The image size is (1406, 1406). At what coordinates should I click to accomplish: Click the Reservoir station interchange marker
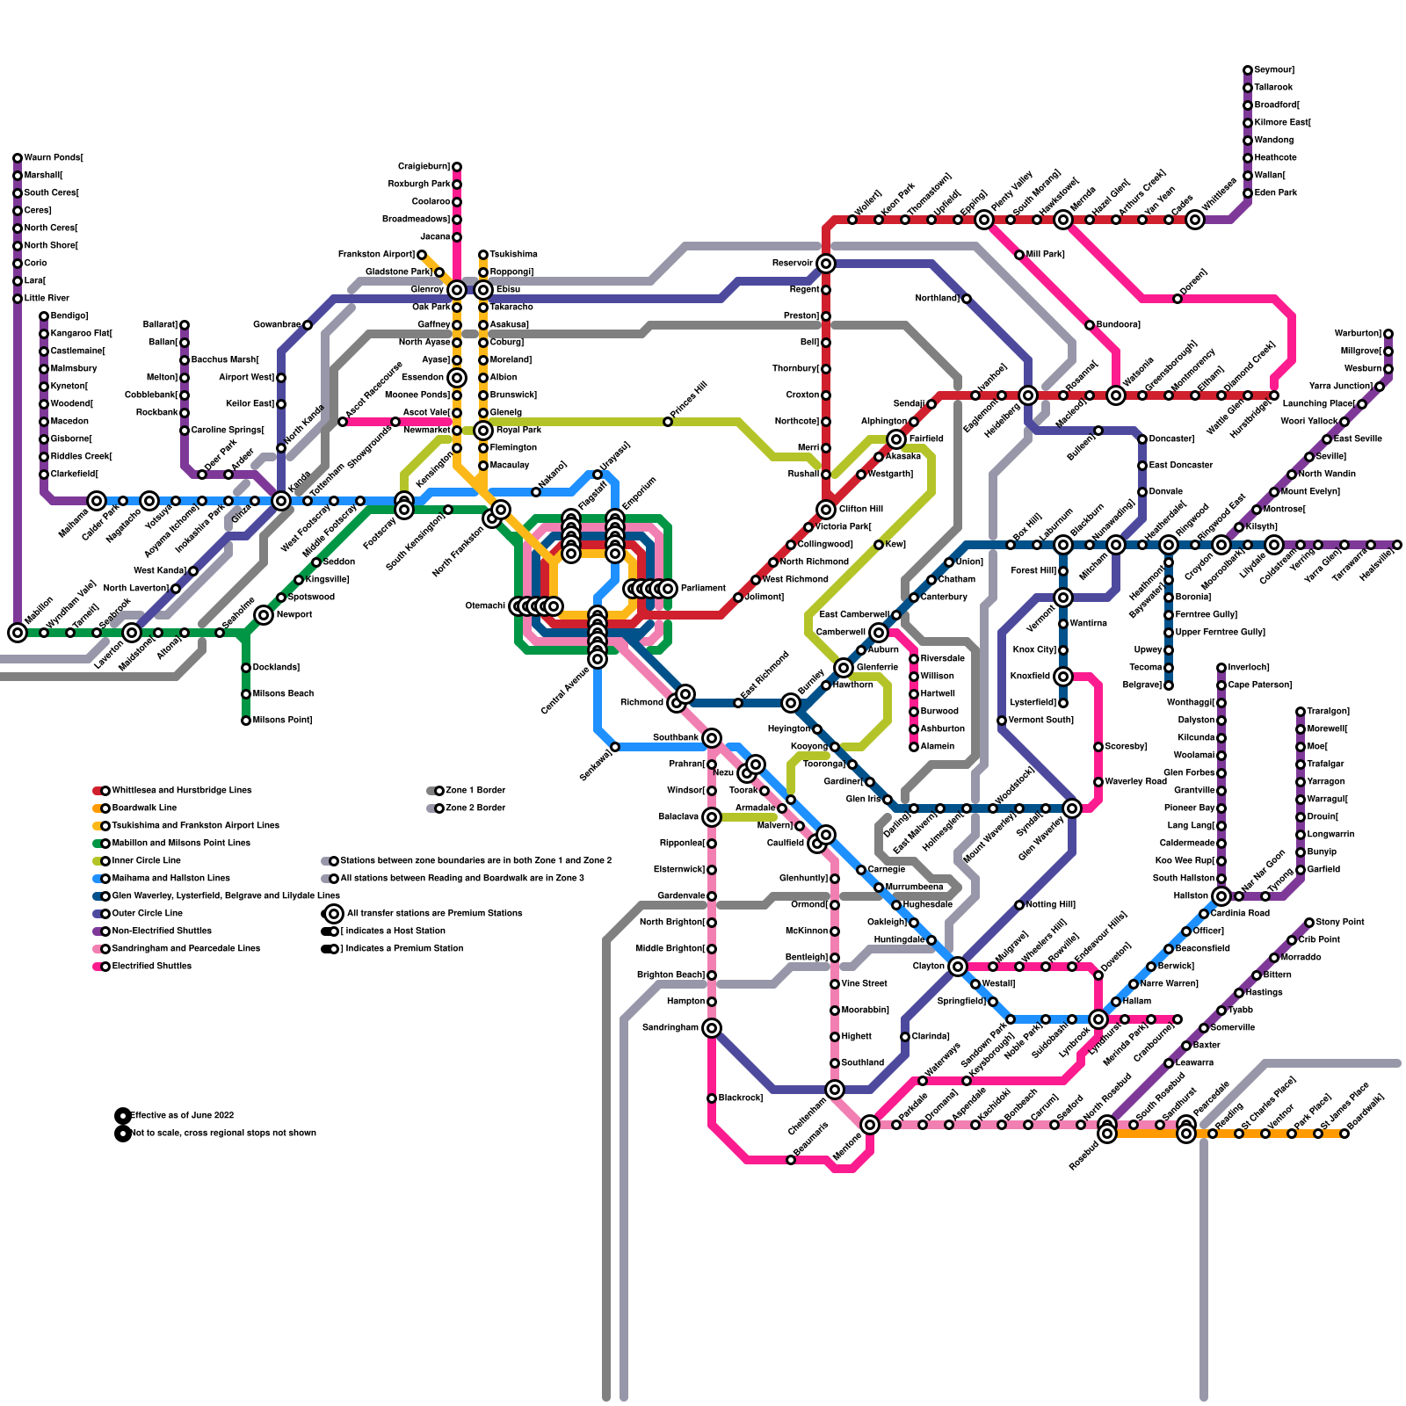(826, 264)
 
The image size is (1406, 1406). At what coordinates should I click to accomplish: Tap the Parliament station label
(703, 588)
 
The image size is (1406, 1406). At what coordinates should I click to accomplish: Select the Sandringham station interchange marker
(712, 1028)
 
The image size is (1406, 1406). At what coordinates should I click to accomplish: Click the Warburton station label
(1358, 334)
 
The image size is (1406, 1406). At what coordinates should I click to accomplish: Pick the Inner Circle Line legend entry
(146, 861)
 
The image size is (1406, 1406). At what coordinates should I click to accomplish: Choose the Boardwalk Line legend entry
(144, 808)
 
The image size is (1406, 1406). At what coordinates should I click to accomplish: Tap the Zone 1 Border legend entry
(475, 791)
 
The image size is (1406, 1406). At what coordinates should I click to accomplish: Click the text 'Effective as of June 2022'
(182, 1116)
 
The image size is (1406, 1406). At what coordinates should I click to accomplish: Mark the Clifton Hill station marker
(826, 510)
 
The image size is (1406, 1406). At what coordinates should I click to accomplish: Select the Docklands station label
(276, 668)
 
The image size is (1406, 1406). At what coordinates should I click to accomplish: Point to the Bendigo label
(69, 316)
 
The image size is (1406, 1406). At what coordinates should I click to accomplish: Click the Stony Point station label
(1340, 923)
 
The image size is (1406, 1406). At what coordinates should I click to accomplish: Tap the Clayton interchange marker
(958, 967)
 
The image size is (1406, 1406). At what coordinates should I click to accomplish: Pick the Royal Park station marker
(483, 431)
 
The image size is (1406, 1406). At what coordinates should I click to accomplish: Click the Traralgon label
(1328, 712)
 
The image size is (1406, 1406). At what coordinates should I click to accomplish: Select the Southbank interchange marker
(712, 738)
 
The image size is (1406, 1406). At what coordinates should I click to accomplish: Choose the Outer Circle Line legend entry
(147, 914)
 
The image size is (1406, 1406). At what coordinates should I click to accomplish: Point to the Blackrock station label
(741, 1098)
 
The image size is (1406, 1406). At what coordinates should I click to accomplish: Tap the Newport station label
(294, 615)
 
